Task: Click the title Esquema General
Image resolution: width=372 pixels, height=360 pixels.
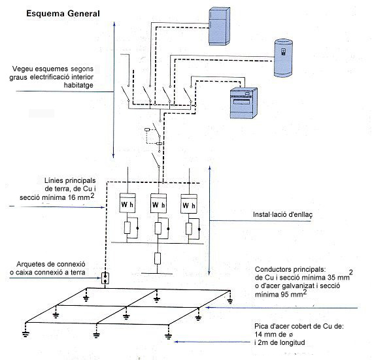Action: click(x=63, y=14)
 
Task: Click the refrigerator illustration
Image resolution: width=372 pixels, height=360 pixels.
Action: click(x=219, y=26)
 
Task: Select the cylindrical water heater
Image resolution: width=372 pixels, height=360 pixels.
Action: click(x=283, y=57)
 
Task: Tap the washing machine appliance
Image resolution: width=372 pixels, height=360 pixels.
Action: click(x=244, y=103)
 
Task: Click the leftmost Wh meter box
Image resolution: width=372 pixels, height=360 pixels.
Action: click(x=127, y=203)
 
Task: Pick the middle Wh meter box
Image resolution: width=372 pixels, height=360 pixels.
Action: click(x=158, y=203)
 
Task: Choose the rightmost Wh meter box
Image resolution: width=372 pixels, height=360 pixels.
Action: click(x=189, y=204)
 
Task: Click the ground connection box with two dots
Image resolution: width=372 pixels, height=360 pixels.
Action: click(x=105, y=278)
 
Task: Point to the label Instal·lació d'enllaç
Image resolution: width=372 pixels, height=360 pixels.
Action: click(x=282, y=214)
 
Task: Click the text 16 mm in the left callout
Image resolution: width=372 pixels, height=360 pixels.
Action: click(x=81, y=197)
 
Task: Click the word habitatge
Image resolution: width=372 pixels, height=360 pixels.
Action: click(x=78, y=86)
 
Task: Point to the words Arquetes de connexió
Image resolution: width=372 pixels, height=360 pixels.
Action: click(x=51, y=264)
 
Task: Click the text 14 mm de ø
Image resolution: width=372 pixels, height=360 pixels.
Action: click(x=273, y=335)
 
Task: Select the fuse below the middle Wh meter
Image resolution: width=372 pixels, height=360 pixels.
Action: click(x=158, y=229)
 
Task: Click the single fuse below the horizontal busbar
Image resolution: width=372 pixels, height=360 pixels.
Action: click(x=158, y=259)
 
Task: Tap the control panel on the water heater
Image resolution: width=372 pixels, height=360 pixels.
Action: click(x=283, y=52)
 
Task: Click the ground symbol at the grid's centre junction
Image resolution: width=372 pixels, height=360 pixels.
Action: click(x=126, y=316)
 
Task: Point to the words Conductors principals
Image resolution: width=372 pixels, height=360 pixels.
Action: click(x=290, y=270)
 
